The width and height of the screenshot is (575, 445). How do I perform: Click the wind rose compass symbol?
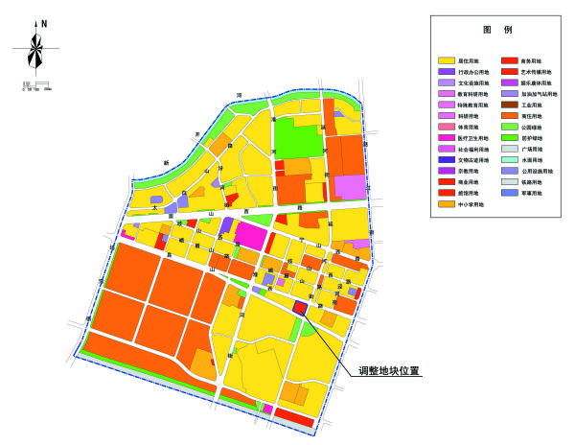[x=36, y=56]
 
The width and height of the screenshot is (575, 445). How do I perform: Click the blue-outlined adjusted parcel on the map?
[x=300, y=308]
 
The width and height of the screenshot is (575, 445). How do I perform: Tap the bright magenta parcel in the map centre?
[x=251, y=235]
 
